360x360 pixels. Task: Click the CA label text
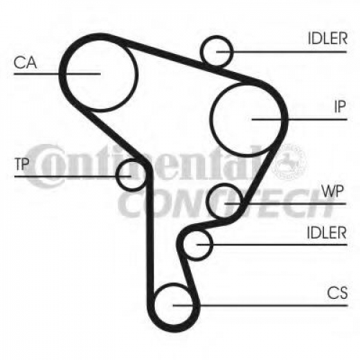point(25,63)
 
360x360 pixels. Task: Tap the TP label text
point(22,164)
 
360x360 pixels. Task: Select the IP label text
point(340,107)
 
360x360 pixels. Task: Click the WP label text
point(333,192)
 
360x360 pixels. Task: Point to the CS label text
point(337,293)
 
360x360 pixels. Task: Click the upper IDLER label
point(328,38)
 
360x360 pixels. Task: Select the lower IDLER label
point(327,233)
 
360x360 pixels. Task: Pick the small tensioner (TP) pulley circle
point(116,175)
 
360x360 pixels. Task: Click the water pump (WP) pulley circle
point(207,201)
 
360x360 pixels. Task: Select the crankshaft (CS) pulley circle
point(154,305)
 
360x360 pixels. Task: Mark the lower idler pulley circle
point(212,245)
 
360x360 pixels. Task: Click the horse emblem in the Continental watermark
point(289,161)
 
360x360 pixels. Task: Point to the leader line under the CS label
point(260,305)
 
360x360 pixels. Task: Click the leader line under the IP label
point(300,120)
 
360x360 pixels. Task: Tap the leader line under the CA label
point(57,73)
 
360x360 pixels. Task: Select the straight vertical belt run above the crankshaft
point(149,230)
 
